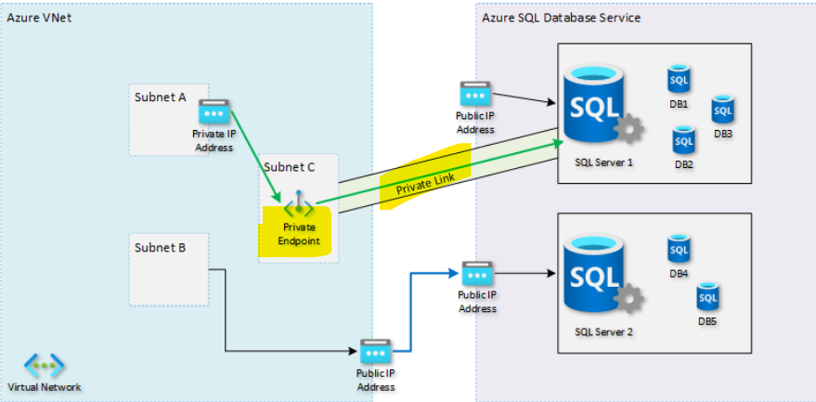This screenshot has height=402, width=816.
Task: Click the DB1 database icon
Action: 679,79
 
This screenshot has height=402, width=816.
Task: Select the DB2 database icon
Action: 684,140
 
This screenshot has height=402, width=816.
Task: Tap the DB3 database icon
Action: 723,110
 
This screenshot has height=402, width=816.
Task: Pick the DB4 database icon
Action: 679,249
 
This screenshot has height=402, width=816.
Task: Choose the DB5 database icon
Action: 708,296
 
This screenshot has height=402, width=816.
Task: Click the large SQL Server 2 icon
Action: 595,277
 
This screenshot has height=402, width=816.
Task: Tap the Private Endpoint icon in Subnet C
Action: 299,205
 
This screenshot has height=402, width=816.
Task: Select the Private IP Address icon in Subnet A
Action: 214,112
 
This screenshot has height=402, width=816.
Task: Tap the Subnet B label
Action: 160,248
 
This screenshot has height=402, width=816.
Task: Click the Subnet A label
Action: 159,97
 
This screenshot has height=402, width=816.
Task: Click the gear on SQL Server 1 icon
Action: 630,130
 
